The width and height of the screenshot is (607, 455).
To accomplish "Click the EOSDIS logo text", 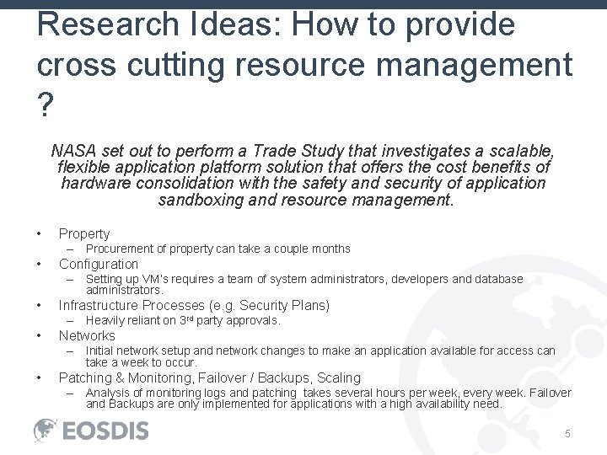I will coord(105,431).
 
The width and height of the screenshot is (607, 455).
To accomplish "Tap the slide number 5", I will coord(568,433).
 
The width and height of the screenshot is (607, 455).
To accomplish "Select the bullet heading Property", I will coord(84,233).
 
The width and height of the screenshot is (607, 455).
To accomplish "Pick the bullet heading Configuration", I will coord(99,264).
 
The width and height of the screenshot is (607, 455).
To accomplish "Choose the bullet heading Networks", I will coord(87,335).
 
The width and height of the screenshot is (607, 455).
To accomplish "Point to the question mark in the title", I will coord(46,104).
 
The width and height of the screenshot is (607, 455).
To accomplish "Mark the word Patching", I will coord(85,377).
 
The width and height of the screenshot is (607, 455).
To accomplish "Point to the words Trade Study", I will coord(288,151).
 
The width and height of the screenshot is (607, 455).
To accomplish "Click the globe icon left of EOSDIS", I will coord(46,431).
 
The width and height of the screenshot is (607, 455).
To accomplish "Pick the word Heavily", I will coord(106,320).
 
